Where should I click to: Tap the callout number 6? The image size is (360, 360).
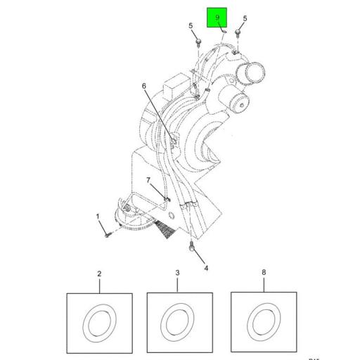pyautogui.click(x=144, y=86)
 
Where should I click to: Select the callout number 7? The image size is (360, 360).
pyautogui.click(x=148, y=181)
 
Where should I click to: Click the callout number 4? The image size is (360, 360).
pyautogui.click(x=206, y=268)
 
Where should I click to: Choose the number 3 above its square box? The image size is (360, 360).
pyautogui.click(x=178, y=273)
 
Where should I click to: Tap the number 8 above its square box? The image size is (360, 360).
pyautogui.click(x=264, y=273)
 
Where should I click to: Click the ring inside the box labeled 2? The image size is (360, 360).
pyautogui.click(x=99, y=322)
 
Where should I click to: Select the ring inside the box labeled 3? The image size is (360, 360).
pyautogui.click(x=178, y=322)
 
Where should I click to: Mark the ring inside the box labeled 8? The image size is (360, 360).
pyautogui.click(x=264, y=322)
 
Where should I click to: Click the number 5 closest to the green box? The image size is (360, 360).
pyautogui.click(x=245, y=18)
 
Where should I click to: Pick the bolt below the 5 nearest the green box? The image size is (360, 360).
pyautogui.click(x=240, y=33)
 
